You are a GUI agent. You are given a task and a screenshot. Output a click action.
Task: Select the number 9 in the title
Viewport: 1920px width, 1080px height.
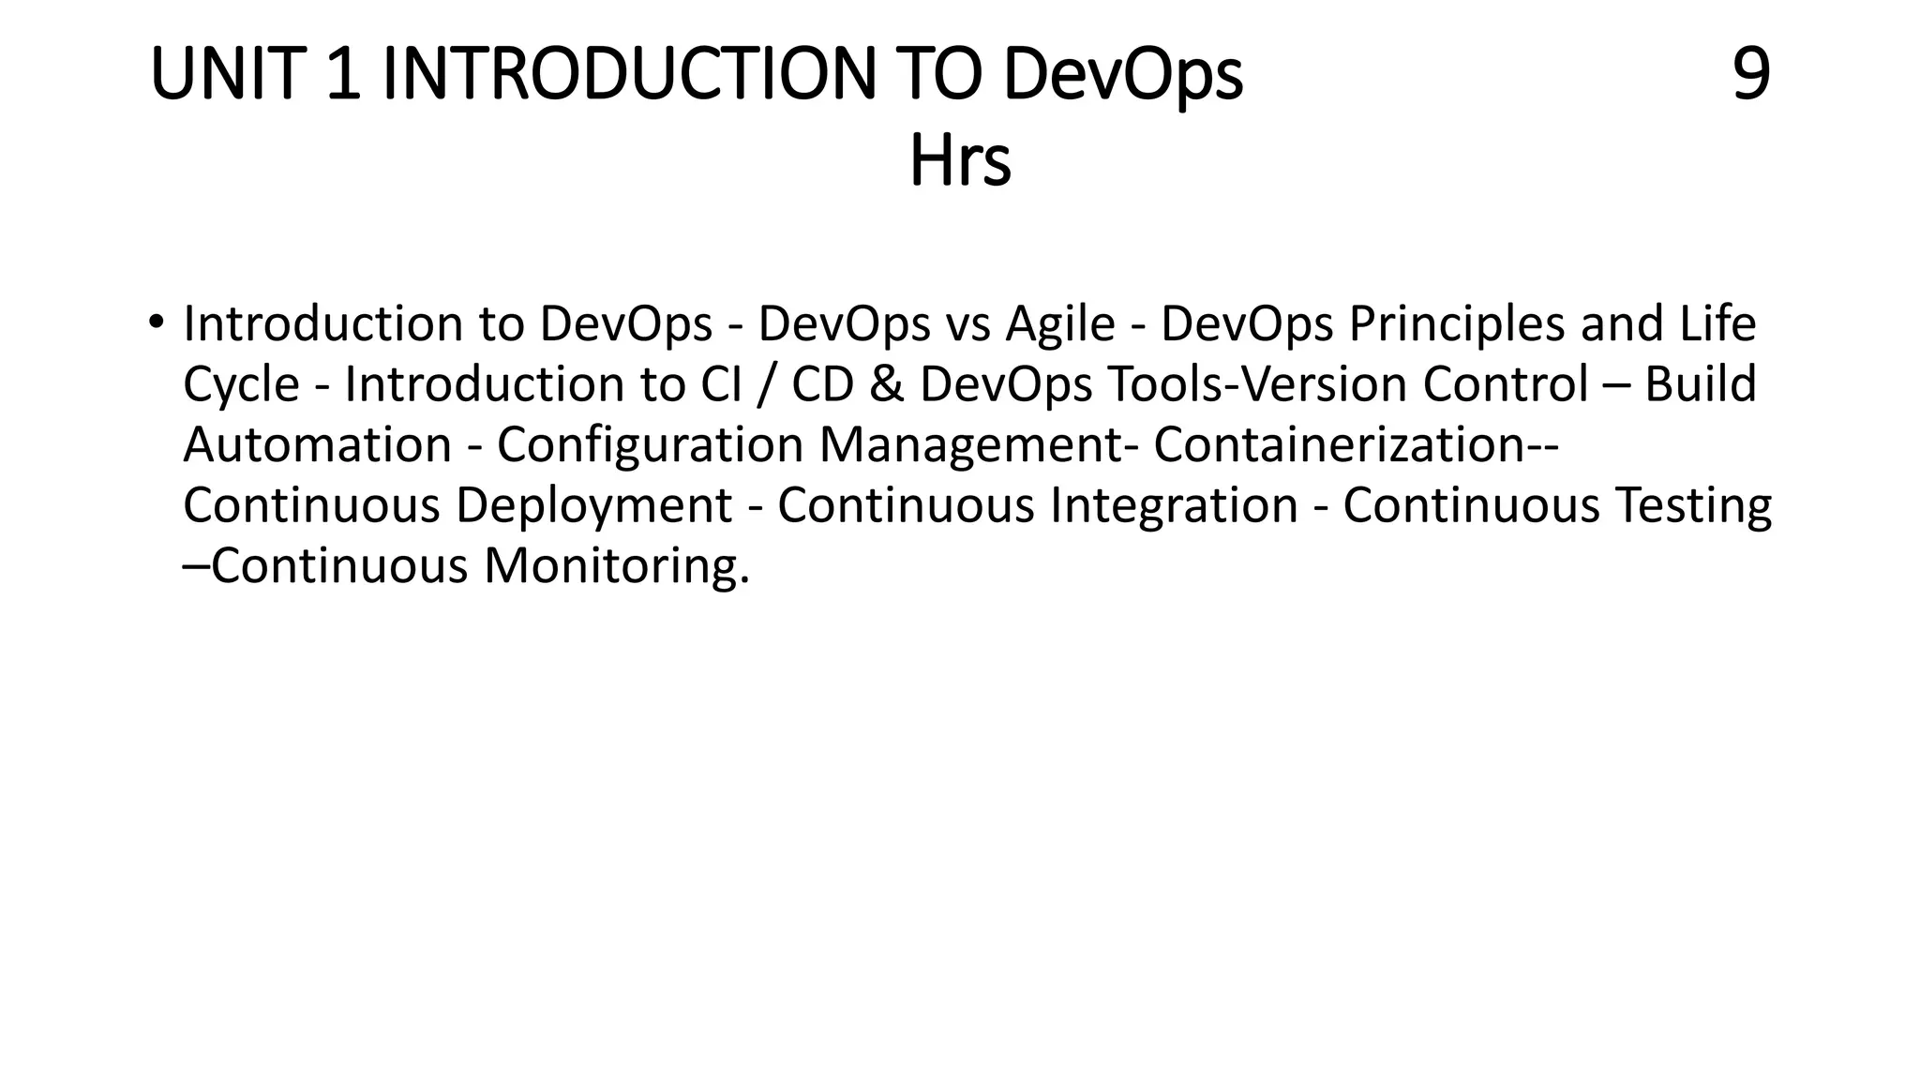click(1750, 75)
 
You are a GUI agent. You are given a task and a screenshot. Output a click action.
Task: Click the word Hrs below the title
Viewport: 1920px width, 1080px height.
click(960, 162)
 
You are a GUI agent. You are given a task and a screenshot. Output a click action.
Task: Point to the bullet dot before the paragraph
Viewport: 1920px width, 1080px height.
click(156, 322)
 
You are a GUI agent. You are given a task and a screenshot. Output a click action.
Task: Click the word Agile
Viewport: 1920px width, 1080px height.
click(1060, 323)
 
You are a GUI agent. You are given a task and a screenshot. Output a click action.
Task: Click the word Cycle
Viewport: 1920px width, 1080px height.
click(241, 384)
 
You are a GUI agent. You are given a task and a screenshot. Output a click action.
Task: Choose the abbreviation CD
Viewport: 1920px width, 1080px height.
click(822, 384)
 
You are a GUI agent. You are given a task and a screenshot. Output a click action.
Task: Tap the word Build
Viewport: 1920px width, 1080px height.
click(1700, 384)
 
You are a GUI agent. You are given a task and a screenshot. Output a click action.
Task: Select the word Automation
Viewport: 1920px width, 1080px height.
click(317, 444)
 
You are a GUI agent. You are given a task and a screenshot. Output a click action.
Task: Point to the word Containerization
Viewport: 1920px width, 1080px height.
click(1340, 444)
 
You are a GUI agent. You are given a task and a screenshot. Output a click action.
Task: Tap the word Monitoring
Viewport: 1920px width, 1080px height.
click(616, 566)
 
